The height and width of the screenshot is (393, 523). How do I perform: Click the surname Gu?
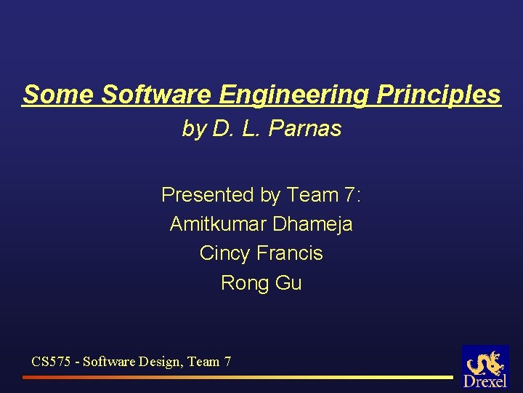288,282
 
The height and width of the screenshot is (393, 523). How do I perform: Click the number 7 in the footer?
227,360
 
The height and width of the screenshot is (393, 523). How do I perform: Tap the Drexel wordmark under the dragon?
485,382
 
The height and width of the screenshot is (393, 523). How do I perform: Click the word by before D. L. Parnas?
194,129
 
